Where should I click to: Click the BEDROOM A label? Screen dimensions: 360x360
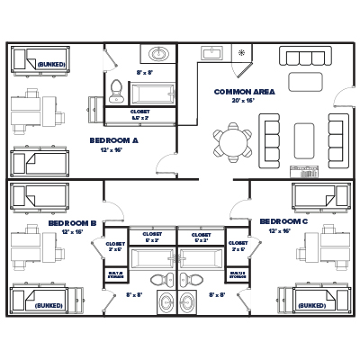click(113, 140)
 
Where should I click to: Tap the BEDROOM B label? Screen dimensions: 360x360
click(73, 221)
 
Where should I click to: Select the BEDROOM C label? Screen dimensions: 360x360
click(283, 221)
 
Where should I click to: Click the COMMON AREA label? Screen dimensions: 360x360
click(244, 92)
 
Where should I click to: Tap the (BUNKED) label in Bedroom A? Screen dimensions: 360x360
click(49, 65)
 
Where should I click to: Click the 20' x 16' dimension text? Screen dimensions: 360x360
click(244, 102)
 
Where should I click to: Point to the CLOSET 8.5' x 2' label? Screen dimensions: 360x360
click(140, 114)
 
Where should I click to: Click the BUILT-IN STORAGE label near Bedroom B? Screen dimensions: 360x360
click(115, 274)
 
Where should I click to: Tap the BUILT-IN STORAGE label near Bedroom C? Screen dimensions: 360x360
click(238, 274)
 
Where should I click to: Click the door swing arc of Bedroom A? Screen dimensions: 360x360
click(165, 166)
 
